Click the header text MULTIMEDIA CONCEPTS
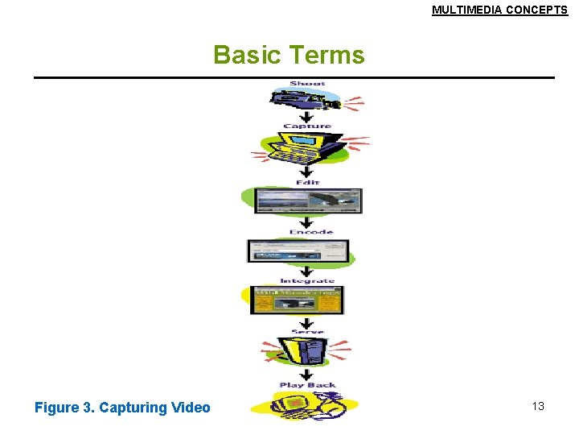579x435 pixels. pyautogui.click(x=499, y=10)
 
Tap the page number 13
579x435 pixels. pyautogui.click(x=538, y=406)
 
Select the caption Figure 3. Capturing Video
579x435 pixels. pyautogui.click(x=122, y=408)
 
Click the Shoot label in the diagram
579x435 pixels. pyautogui.click(x=307, y=84)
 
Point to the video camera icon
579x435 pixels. pyautogui.click(x=306, y=100)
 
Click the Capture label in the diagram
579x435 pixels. pyautogui.click(x=307, y=126)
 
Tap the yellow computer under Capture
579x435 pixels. pyautogui.click(x=304, y=147)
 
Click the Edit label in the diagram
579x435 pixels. pyautogui.click(x=307, y=182)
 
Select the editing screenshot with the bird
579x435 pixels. pyautogui.click(x=307, y=201)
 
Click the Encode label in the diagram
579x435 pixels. pyautogui.click(x=311, y=232)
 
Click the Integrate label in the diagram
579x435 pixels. pyautogui.click(x=307, y=281)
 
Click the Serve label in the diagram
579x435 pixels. pyautogui.click(x=306, y=331)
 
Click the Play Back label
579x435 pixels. pyautogui.click(x=307, y=385)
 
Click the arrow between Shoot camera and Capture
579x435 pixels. pyautogui.click(x=306, y=116)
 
